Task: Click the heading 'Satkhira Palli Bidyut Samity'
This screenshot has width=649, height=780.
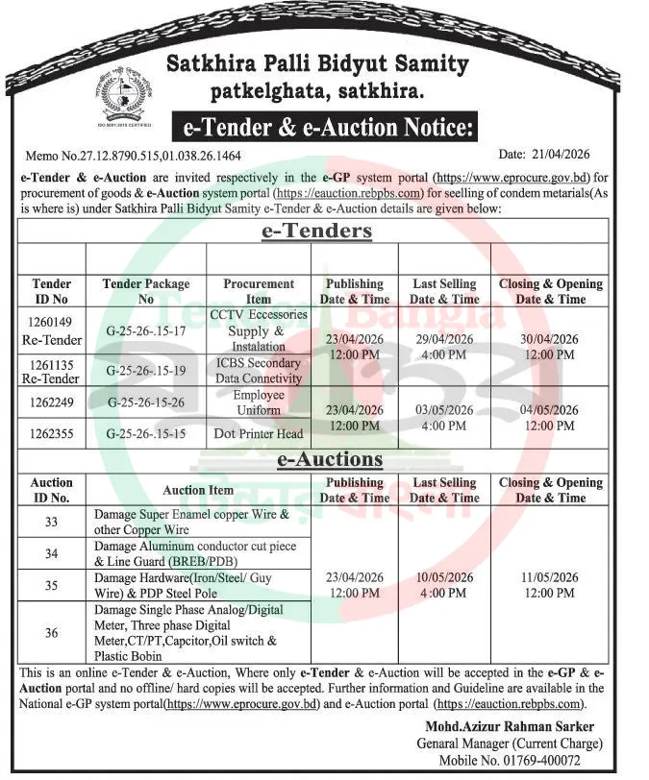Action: [317, 65]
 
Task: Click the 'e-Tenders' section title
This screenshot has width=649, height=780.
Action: [316, 232]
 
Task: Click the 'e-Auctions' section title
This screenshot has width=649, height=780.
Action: [316, 460]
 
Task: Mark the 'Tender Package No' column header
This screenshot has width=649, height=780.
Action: [146, 291]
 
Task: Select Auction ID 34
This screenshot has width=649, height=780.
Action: [52, 553]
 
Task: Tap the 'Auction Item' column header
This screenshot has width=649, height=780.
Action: [198, 490]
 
